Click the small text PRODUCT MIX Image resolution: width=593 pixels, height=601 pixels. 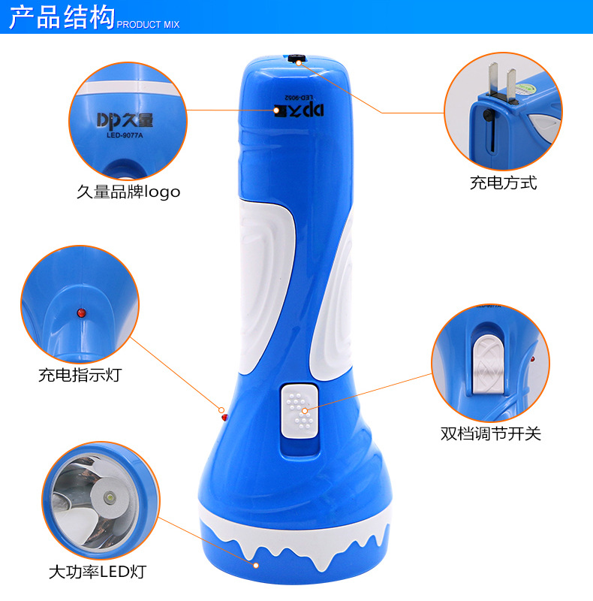pyautogui.click(x=148, y=25)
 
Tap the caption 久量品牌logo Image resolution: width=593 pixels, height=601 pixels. pyautogui.click(x=128, y=192)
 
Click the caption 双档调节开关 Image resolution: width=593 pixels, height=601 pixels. pyautogui.click(x=490, y=433)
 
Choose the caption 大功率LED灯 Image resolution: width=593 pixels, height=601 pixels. pyautogui.click(x=97, y=572)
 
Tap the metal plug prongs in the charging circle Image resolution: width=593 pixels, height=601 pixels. pyautogui.click(x=501, y=84)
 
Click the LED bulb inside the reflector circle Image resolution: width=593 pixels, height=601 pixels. pyautogui.click(x=110, y=499)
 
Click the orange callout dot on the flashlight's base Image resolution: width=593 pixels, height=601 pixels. pyautogui.click(x=257, y=564)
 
